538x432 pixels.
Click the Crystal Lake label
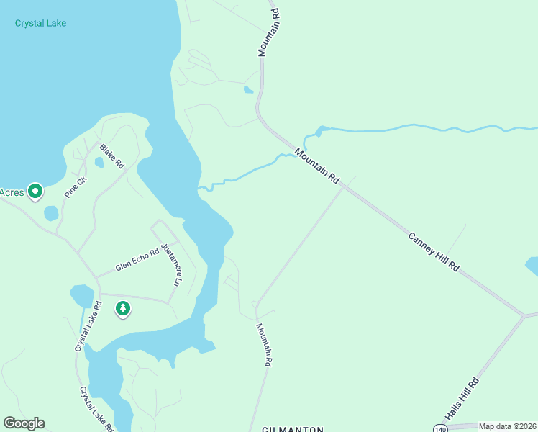40,23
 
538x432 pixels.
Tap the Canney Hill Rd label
433,251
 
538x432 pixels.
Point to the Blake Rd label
112,156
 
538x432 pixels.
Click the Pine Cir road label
76,187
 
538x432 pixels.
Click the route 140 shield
441,428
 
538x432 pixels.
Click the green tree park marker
123,309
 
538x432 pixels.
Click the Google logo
24,423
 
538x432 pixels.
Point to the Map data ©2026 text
507,426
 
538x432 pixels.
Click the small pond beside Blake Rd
99,162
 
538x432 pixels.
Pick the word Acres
11,192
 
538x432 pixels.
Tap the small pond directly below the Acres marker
51,213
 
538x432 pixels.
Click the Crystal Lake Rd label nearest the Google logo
96,409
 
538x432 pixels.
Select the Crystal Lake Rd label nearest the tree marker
87,326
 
